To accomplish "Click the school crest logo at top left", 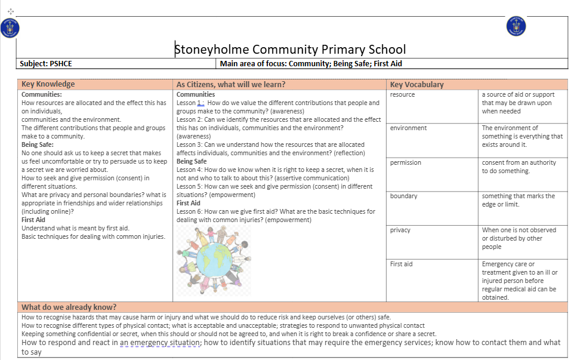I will [x=10, y=27].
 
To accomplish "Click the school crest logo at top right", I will [x=516, y=26].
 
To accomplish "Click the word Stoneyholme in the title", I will [x=212, y=50].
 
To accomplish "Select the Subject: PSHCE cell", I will [x=46, y=64].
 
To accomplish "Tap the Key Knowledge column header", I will [x=48, y=84].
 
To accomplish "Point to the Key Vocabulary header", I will [x=416, y=84].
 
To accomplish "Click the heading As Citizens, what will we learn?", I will [x=231, y=84].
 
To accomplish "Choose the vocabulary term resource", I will [x=402, y=94].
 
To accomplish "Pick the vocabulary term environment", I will [x=408, y=128].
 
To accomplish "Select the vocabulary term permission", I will [x=406, y=162].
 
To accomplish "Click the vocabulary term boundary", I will [x=404, y=196].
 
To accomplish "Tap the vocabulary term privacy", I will [x=400, y=230].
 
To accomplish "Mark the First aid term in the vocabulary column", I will [x=402, y=264].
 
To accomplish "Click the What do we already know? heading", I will [x=69, y=307].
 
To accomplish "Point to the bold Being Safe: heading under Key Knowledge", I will [x=38, y=144].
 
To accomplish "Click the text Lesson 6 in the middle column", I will [x=190, y=211].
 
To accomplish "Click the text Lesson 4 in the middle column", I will [x=190, y=170].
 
